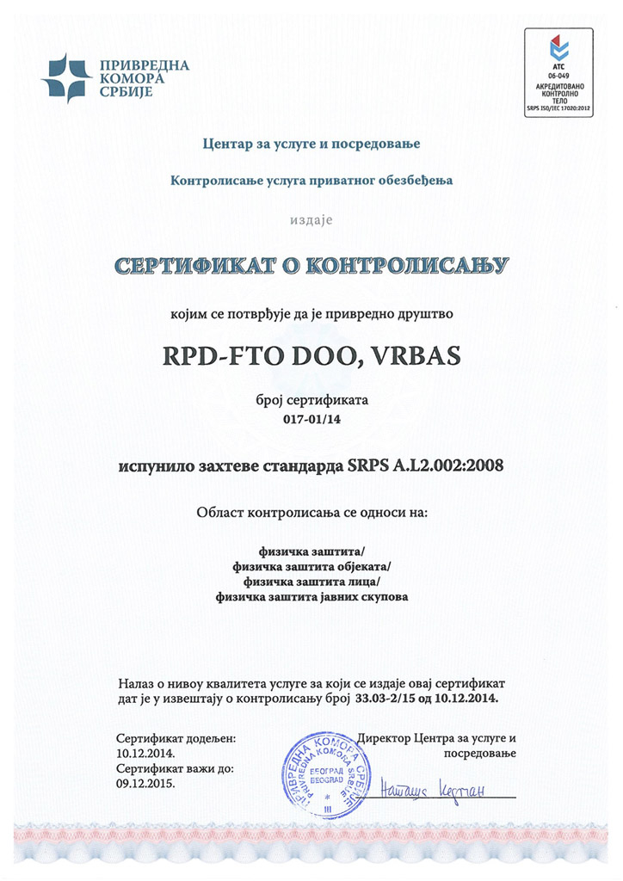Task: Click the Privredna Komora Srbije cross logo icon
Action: [65, 77]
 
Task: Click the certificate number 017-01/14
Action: [311, 421]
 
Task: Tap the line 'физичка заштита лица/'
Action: [311, 581]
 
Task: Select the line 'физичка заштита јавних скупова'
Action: [311, 595]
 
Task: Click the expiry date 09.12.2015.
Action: [144, 783]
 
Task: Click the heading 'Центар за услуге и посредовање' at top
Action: [311, 143]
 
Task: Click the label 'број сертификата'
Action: [311, 402]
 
